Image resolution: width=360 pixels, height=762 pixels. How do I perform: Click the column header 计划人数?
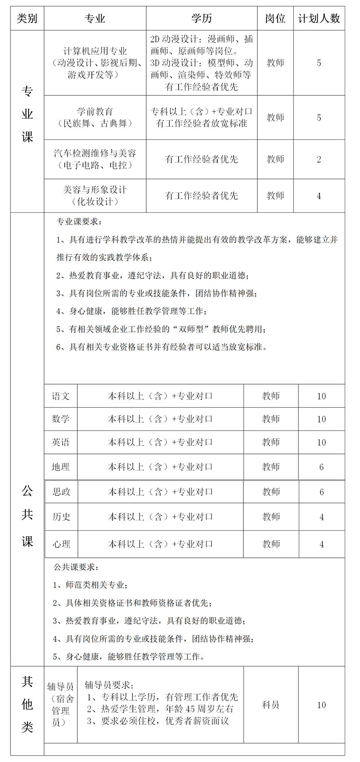[x=319, y=18]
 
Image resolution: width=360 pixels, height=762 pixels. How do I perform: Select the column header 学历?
[x=202, y=18]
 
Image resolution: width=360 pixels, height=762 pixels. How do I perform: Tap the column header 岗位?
[x=275, y=18]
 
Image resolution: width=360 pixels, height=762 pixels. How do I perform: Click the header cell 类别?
[x=27, y=18]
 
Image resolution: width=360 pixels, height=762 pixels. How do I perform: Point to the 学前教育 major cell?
[x=95, y=117]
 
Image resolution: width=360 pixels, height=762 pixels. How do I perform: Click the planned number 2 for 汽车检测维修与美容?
[x=319, y=159]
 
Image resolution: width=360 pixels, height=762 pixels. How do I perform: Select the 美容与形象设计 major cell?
[x=95, y=196]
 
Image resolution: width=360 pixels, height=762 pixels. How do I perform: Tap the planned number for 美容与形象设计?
[x=319, y=196]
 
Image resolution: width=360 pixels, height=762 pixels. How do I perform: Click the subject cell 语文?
[x=61, y=396]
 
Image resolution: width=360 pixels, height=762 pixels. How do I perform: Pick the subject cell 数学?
[x=61, y=419]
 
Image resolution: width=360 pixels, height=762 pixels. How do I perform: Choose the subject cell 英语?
[x=61, y=443]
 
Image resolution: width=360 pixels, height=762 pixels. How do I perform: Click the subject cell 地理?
[x=61, y=467]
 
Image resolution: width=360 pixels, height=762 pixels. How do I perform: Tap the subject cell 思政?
[x=61, y=492]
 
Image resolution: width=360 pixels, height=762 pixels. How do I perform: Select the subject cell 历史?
[x=61, y=517]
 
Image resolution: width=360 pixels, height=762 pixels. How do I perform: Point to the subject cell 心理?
[x=61, y=544]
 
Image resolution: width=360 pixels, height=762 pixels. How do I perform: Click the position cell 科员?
[x=271, y=705]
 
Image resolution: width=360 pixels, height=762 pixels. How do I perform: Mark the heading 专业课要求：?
[x=79, y=222]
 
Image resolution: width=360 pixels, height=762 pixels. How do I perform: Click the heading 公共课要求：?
[x=76, y=567]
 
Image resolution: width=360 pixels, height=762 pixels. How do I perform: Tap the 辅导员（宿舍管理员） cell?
[x=61, y=705]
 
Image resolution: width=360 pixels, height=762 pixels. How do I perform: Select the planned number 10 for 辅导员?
[x=321, y=705]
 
